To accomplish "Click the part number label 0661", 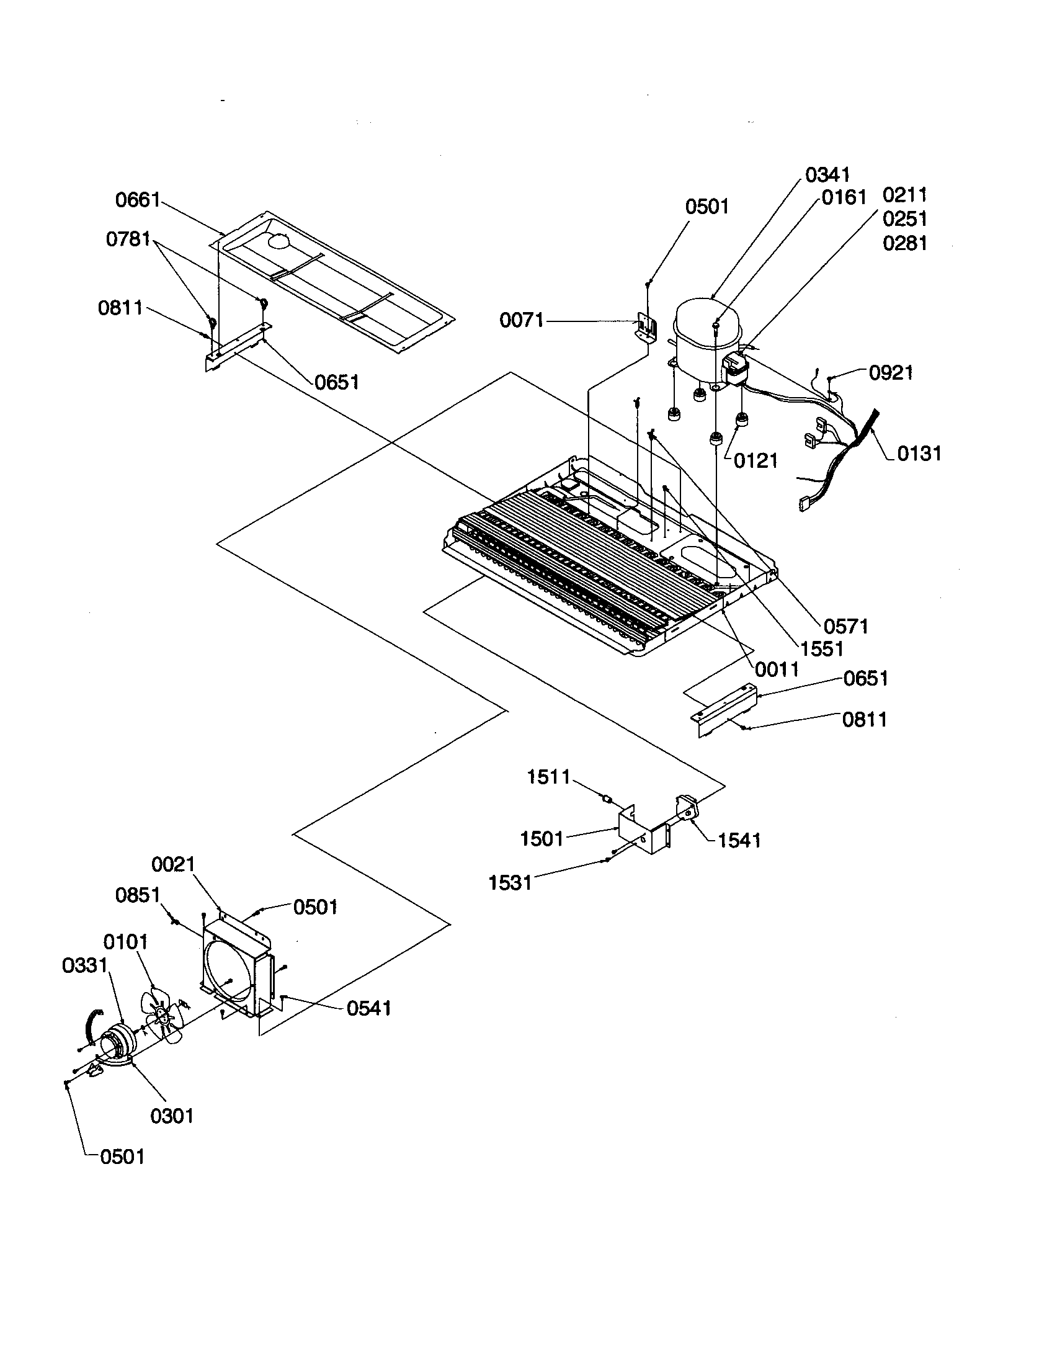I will [x=138, y=200].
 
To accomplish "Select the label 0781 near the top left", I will [x=128, y=239].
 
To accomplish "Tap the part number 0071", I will [x=522, y=321].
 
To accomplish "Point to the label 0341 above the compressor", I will [x=827, y=174].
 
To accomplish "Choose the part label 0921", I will [x=891, y=373].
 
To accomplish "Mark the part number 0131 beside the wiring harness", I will [x=919, y=453].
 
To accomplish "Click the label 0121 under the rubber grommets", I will [x=756, y=461].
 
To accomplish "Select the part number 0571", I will [x=846, y=625].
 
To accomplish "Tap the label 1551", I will [x=822, y=649].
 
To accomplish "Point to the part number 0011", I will [x=777, y=669].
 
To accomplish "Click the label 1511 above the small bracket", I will [x=548, y=777].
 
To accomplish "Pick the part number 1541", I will [x=739, y=841].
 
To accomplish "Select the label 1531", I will [x=510, y=882].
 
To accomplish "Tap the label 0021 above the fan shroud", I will [x=173, y=864].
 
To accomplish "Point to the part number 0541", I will [x=368, y=1008].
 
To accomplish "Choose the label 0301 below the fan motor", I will [x=172, y=1116].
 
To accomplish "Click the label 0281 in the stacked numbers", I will [x=904, y=243].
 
